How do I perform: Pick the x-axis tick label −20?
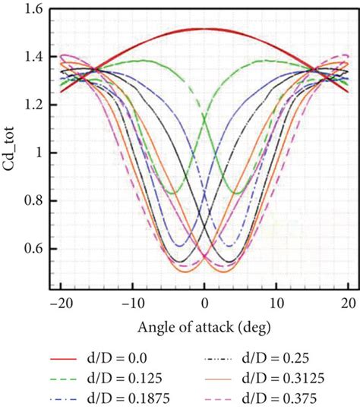pos(60,304)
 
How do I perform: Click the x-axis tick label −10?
pos(132,304)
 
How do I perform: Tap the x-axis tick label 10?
pos(276,304)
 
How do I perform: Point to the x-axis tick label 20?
pos(349,304)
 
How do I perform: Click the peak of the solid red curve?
pos(205,29)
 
